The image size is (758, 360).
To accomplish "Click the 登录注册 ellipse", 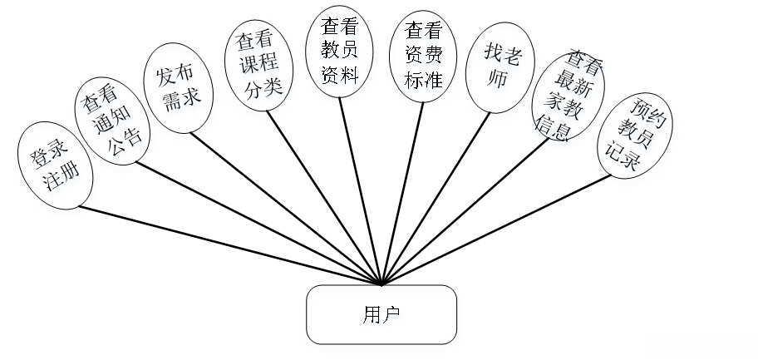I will [x=53, y=167].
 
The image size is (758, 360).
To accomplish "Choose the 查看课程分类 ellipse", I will [x=258, y=66].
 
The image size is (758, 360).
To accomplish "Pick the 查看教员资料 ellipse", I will [x=339, y=52].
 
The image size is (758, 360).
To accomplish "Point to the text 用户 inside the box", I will [x=381, y=315].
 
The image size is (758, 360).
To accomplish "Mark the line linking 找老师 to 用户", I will [x=435, y=197].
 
